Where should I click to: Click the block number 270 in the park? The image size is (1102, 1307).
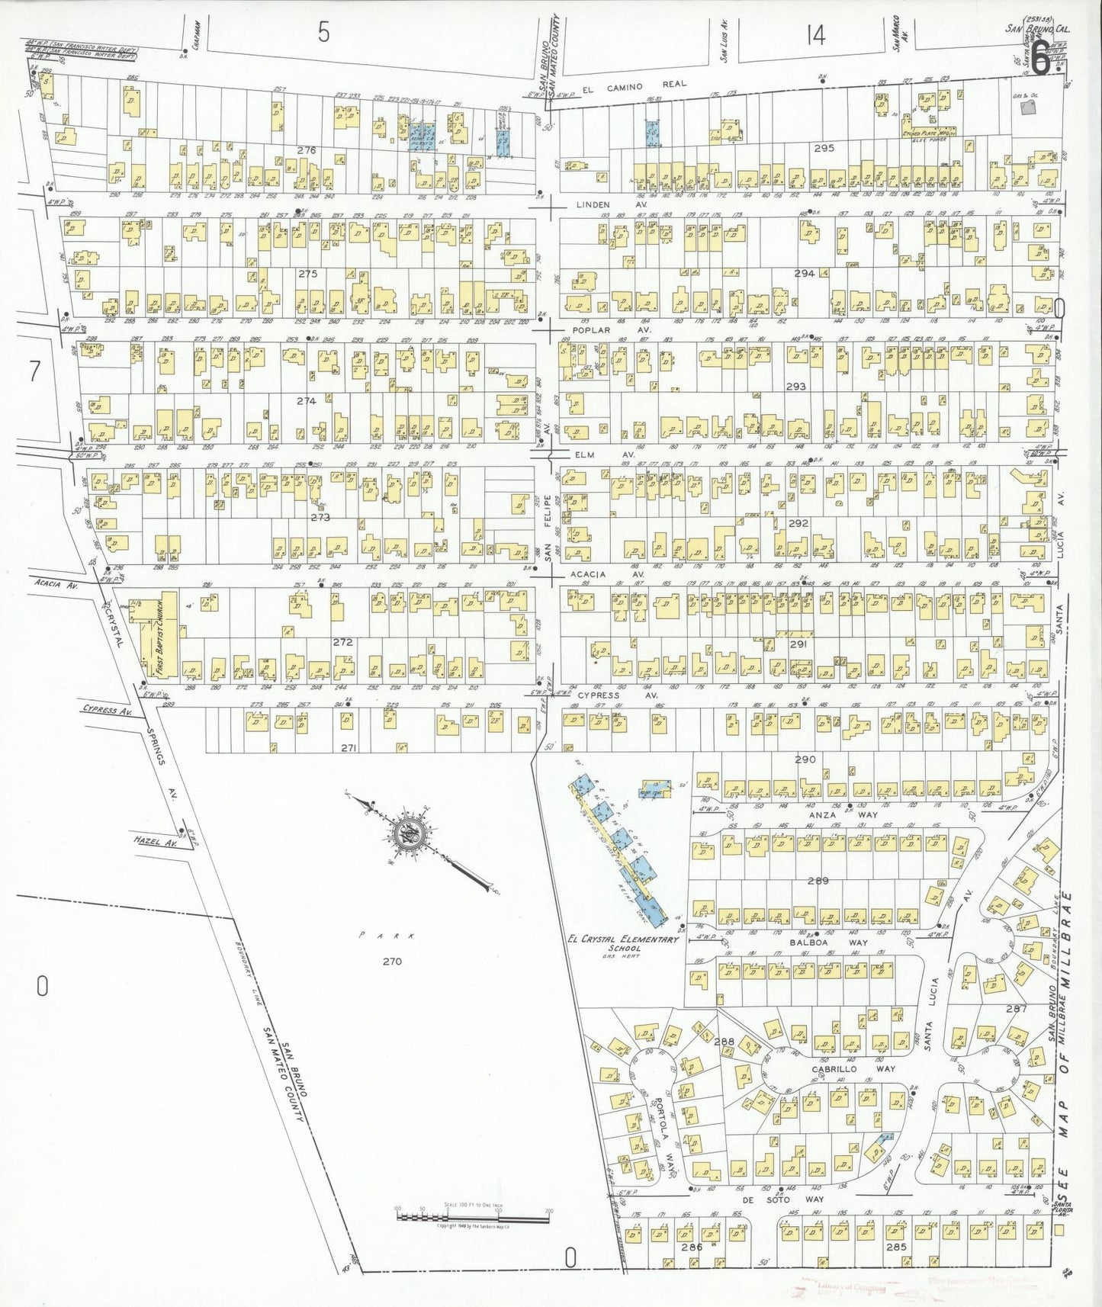[x=393, y=962]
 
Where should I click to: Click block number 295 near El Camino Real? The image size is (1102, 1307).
[x=824, y=148]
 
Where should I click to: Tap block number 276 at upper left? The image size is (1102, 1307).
[x=307, y=151]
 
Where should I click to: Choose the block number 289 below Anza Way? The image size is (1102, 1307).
[x=818, y=881]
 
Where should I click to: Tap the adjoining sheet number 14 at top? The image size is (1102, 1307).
[x=815, y=35]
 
